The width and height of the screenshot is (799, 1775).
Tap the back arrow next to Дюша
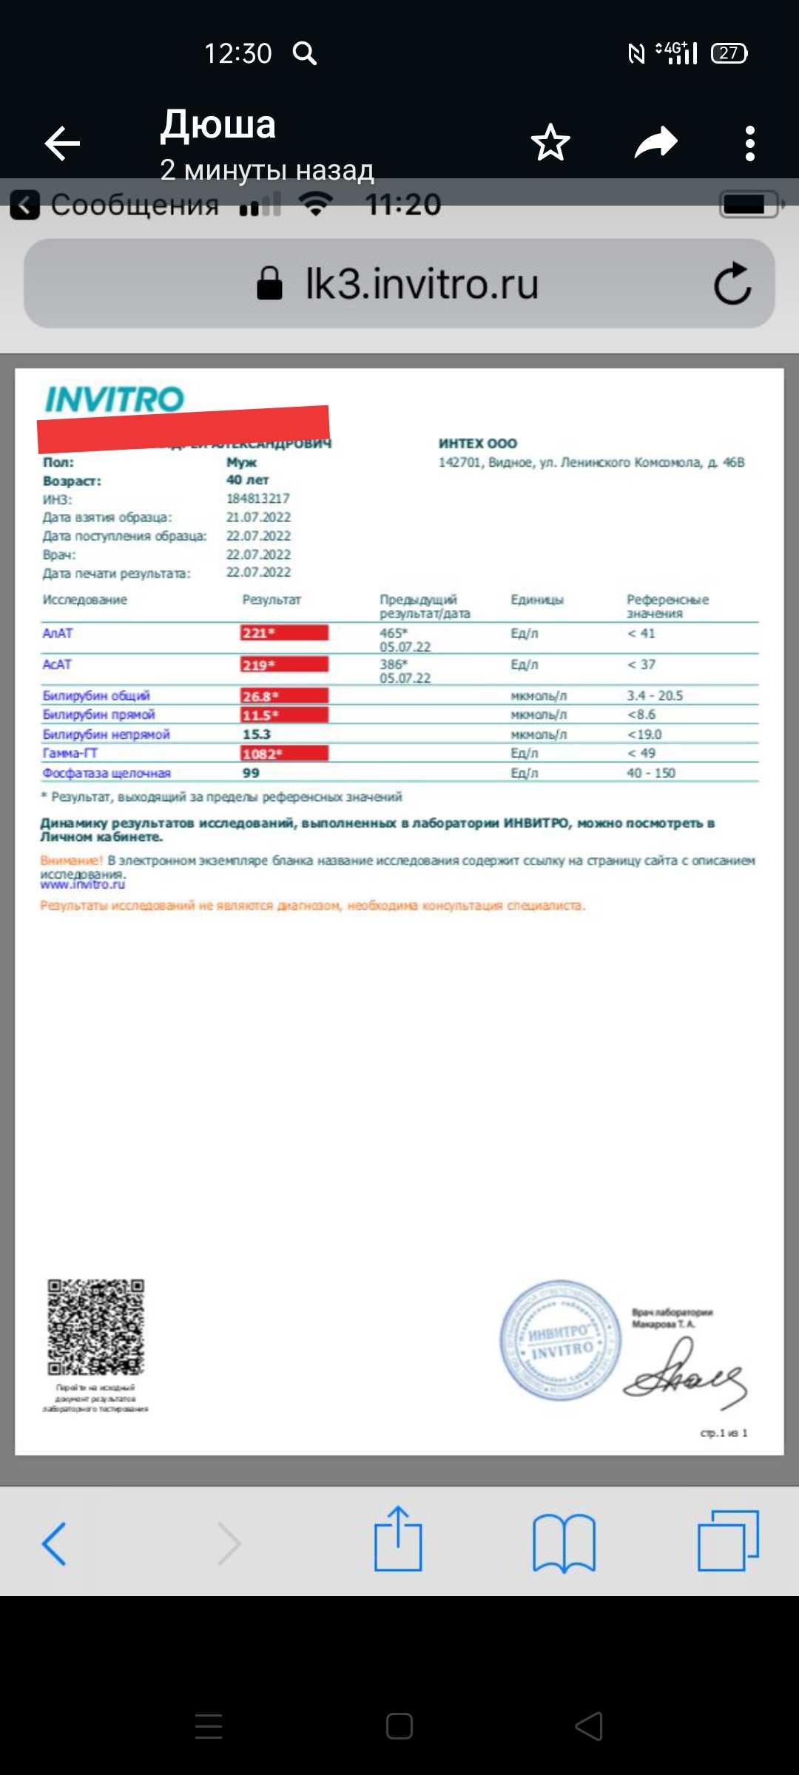click(x=62, y=143)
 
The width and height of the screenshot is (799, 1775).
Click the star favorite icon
click(x=550, y=143)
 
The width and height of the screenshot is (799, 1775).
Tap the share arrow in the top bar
click(x=656, y=142)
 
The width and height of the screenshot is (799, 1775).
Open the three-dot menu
click(x=750, y=143)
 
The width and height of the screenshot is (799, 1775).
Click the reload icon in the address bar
click(x=732, y=283)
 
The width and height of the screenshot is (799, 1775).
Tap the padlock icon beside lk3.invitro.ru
click(x=269, y=283)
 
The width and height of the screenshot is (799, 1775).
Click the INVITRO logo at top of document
click(x=114, y=399)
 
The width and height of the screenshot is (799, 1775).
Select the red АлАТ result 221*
click(x=284, y=633)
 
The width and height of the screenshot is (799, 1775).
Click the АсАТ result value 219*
click(x=284, y=665)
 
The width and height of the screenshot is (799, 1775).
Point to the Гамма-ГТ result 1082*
click(x=284, y=754)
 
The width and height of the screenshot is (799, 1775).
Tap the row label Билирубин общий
click(x=96, y=696)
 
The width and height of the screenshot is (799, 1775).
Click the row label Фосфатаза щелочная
click(x=107, y=773)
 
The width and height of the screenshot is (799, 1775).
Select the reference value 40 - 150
click(x=651, y=773)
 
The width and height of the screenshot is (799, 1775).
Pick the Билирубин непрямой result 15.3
click(x=257, y=734)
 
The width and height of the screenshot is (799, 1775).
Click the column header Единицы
click(x=537, y=600)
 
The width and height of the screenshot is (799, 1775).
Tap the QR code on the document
click(x=96, y=1328)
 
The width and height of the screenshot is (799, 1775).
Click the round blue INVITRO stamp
click(x=561, y=1340)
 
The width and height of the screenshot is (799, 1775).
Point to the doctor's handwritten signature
click(x=684, y=1376)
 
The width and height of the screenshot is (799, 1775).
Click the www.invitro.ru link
click(x=83, y=885)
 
